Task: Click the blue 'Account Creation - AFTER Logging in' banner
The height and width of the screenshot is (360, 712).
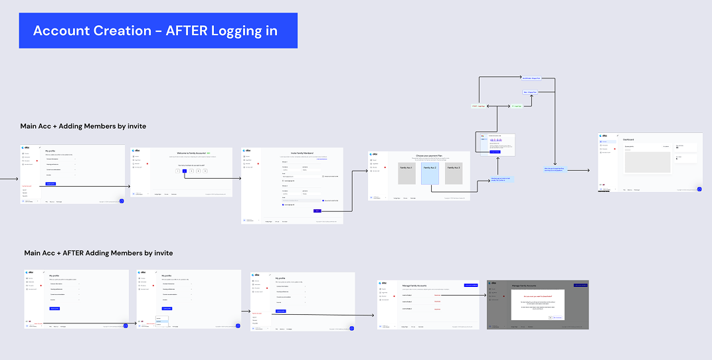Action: [x=158, y=31]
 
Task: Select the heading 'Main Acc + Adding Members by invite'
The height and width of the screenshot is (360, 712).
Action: [x=83, y=126]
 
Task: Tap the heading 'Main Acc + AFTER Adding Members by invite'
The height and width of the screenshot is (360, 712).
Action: [x=98, y=253]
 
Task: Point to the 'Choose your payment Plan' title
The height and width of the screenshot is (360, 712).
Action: [x=430, y=156]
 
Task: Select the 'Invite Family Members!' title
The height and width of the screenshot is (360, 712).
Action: [x=301, y=153]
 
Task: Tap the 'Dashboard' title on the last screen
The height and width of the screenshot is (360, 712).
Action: [x=628, y=139]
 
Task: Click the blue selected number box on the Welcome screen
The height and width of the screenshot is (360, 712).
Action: [x=185, y=171]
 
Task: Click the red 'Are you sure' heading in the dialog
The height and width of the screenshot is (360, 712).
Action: [x=537, y=296]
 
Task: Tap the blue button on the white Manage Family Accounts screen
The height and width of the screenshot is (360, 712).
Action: [x=471, y=285]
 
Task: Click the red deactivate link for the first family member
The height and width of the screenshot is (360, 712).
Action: [x=437, y=294]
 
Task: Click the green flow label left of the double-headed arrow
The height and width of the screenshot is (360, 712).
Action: [x=478, y=106]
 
